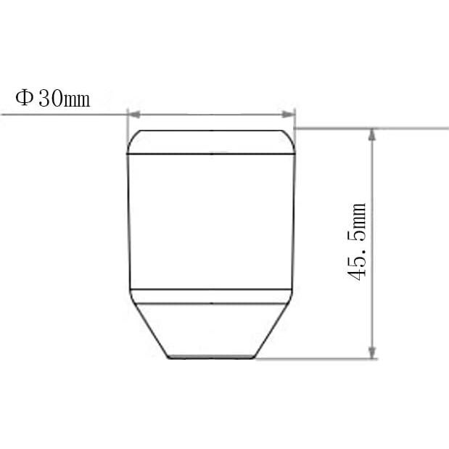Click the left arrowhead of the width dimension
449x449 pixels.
point(133,113)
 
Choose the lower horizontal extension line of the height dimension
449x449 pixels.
point(312,358)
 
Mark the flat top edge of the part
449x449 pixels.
point(211,131)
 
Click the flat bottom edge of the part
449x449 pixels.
point(211,358)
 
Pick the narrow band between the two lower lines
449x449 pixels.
point(211,296)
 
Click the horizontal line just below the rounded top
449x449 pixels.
point(211,155)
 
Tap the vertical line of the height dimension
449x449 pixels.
point(373,290)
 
